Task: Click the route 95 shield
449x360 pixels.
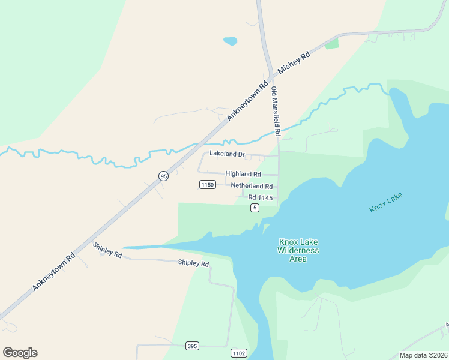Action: pos(163,176)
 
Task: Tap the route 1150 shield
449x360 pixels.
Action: pos(207,185)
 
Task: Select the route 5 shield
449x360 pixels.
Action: pos(255,208)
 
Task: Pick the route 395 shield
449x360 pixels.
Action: pos(192,346)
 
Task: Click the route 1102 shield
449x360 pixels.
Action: pos(238,353)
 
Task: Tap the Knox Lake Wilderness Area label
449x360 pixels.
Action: pos(298,250)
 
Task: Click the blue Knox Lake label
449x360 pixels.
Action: pos(386,202)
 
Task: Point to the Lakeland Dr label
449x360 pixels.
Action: pos(227,154)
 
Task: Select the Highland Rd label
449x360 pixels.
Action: pos(243,174)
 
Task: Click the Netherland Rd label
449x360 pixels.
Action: pos(252,186)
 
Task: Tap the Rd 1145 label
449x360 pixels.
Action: pos(261,197)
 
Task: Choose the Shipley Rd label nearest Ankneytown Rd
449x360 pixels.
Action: pos(107,250)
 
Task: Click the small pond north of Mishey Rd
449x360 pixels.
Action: pos(230,41)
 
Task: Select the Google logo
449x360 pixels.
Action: pos(20,353)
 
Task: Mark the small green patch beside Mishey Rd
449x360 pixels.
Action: pos(331,43)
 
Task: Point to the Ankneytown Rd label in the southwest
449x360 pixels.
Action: pos(53,271)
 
